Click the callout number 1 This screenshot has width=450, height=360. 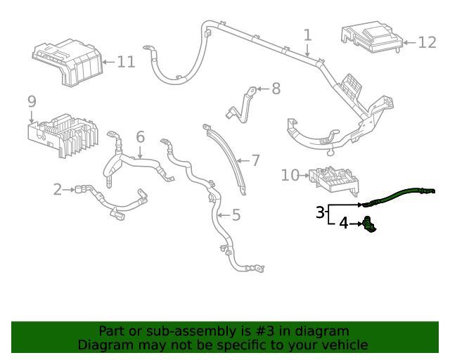307,34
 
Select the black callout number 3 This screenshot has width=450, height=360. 320,212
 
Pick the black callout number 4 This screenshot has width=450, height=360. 343,224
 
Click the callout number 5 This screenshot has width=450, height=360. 236,214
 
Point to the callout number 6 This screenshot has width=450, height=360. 140,136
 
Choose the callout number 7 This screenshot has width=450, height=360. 255,160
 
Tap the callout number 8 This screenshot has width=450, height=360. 276,89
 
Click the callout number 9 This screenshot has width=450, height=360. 32,102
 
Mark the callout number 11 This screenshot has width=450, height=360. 125,62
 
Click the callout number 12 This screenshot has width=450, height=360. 427,43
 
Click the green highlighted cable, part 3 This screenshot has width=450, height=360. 397,194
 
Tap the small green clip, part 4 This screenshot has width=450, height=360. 368,226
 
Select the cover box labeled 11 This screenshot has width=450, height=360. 67,62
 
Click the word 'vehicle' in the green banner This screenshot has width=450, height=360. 342,345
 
